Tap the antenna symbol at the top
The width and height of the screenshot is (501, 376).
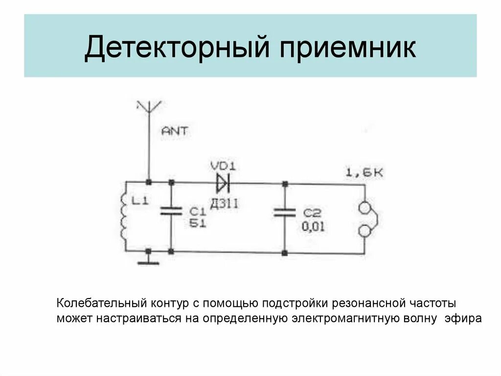[x=149, y=107]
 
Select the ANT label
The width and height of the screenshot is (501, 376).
[x=174, y=131]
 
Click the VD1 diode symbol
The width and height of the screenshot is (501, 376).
[x=223, y=183]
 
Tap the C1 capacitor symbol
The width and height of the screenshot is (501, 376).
[x=171, y=212]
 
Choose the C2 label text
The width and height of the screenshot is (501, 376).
[x=312, y=213]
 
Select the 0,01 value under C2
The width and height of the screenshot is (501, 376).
[x=313, y=226]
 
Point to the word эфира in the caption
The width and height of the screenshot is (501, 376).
[x=463, y=318]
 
